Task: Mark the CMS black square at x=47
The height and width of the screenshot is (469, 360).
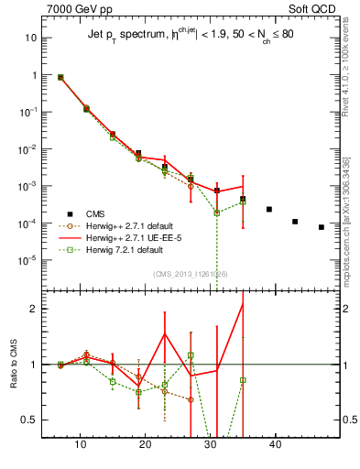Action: pyautogui.click(x=322, y=227)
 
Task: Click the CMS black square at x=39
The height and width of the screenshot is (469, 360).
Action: pyautogui.click(x=269, y=210)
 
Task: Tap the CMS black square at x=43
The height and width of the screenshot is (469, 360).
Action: pyautogui.click(x=295, y=222)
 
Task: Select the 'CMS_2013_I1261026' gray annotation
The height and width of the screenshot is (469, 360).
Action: pyautogui.click(x=190, y=273)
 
